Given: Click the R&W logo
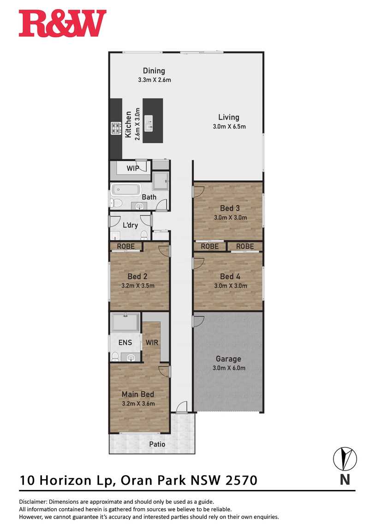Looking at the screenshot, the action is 63,23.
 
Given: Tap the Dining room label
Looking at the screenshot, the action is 154,71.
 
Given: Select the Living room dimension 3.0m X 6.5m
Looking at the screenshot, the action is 229,126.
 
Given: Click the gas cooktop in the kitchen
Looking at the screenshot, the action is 116,128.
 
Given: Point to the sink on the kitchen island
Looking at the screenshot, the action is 149,123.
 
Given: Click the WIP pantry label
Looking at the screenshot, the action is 133,168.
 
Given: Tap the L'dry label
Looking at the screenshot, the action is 130,225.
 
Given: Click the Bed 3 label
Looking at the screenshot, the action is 230,208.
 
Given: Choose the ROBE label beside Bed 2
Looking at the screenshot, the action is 126,247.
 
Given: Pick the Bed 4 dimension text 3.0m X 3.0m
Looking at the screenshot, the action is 231,286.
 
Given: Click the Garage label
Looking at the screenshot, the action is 229,359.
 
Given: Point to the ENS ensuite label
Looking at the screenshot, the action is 125,342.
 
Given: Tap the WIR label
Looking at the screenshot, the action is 152,342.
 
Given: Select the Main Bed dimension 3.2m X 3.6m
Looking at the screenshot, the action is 138,403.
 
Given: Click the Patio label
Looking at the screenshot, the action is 157,444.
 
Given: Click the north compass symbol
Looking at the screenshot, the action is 345,459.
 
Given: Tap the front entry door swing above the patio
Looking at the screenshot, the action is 182,406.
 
